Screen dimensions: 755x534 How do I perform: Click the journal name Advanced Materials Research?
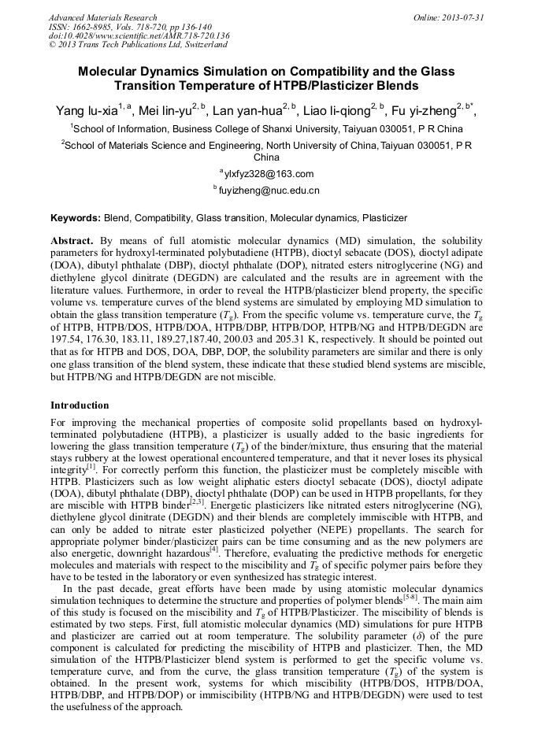tap(102, 17)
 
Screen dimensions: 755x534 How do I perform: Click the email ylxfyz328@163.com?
tap(269, 174)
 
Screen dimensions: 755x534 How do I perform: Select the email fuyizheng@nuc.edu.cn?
tap(269, 191)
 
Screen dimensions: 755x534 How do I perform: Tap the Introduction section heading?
tap(80, 405)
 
